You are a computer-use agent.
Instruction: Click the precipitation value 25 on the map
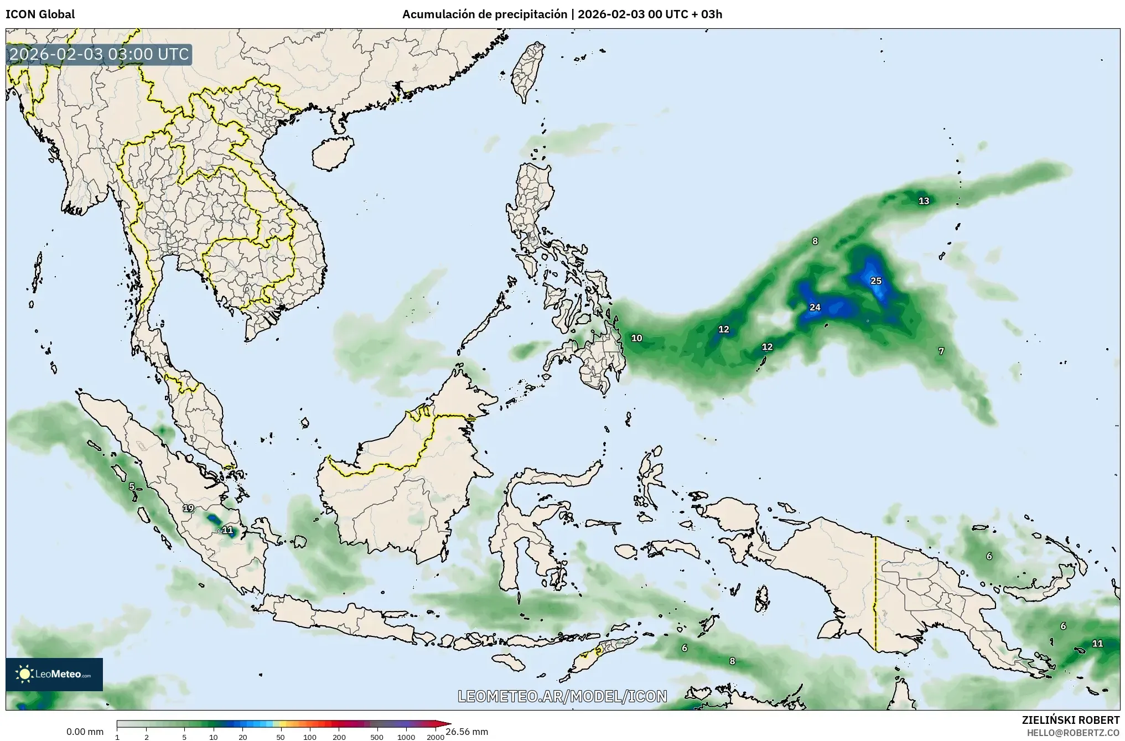point(875,281)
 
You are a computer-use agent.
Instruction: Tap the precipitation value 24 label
point(815,308)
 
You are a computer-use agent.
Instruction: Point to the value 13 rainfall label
point(924,201)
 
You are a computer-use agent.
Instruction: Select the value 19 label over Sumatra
point(188,508)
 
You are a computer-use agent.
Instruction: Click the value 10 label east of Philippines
point(636,338)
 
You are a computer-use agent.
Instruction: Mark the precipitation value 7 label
point(941,351)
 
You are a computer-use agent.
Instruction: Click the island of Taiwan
point(526,72)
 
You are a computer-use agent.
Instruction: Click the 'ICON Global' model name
point(40,14)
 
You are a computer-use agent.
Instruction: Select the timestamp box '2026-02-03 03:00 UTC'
point(99,54)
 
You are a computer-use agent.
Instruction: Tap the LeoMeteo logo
point(54,674)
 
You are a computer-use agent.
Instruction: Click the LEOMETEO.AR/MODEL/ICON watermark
point(562,696)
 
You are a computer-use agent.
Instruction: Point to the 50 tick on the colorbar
point(281,737)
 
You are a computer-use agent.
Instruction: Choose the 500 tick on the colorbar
point(376,737)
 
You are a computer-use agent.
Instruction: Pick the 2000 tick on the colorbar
point(436,737)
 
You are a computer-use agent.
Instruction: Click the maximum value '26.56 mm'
point(466,732)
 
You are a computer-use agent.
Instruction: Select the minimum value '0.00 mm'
point(85,732)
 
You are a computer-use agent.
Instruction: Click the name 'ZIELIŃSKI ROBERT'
point(1070,720)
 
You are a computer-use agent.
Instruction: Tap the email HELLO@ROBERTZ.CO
point(1073,732)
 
